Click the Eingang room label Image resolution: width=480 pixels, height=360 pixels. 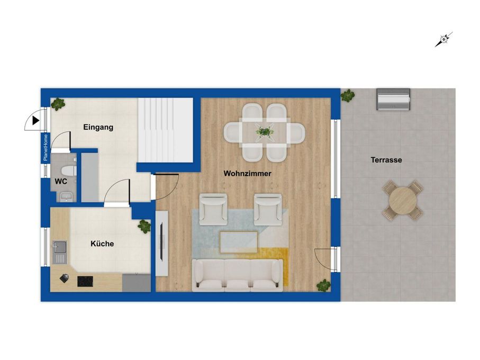click(98, 127)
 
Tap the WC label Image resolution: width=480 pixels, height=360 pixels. click(61, 182)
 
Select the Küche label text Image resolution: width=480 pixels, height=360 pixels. click(102, 244)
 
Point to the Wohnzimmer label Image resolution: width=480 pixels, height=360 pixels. click(247, 174)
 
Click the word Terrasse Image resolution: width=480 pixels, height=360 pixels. click(386, 160)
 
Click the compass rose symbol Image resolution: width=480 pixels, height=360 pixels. click(444, 40)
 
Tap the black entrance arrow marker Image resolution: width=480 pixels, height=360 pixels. click(36, 121)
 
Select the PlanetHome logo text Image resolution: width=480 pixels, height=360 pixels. click(46, 148)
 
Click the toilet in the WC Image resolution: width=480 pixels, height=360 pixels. click(68, 170)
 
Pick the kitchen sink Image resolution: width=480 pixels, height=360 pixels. click(59, 252)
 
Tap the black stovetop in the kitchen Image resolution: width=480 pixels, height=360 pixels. click(85, 281)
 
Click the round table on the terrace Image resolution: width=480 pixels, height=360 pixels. click(403, 201)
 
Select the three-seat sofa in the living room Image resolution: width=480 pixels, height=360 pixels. click(238, 275)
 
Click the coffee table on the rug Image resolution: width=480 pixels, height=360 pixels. click(239, 242)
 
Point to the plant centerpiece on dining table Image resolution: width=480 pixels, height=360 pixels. click(264, 132)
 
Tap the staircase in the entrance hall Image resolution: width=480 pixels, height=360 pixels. click(165, 130)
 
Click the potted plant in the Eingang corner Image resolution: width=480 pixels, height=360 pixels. click(58, 104)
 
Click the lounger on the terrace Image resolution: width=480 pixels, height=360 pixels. click(393, 99)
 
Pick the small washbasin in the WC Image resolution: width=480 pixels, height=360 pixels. click(66, 196)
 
